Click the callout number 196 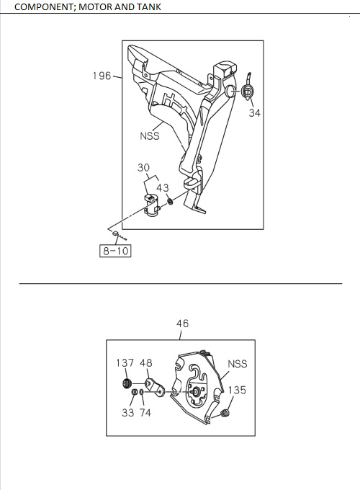102,76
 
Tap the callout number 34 254,112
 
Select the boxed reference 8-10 115,251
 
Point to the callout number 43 163,188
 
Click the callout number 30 144,168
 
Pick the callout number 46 182,324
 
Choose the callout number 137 125,364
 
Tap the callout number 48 146,364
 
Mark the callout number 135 237,390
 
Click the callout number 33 127,413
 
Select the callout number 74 145,413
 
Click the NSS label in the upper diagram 149,135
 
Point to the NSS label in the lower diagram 238,364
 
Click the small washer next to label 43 170,200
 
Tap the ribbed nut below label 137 127,383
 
